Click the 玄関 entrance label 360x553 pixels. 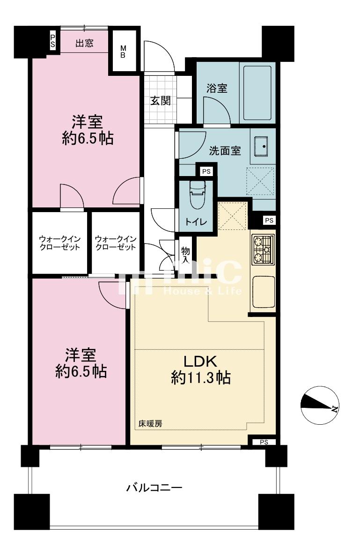(161, 101)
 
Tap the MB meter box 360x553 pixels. (123, 52)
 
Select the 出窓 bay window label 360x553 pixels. (85, 43)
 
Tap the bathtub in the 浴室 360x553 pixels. (257, 93)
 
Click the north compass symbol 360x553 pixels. (319, 406)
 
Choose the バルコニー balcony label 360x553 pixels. (154, 488)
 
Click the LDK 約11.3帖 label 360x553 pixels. (201, 370)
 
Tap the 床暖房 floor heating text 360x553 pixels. (150, 424)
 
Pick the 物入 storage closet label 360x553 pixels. (185, 255)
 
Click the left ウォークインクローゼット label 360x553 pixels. (59, 243)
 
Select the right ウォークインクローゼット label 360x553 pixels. (116, 243)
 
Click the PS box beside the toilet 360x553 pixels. (206, 171)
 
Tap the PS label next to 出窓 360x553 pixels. (52, 41)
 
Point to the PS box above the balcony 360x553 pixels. (264, 442)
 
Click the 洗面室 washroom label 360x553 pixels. (225, 151)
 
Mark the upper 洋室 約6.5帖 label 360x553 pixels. (88, 130)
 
